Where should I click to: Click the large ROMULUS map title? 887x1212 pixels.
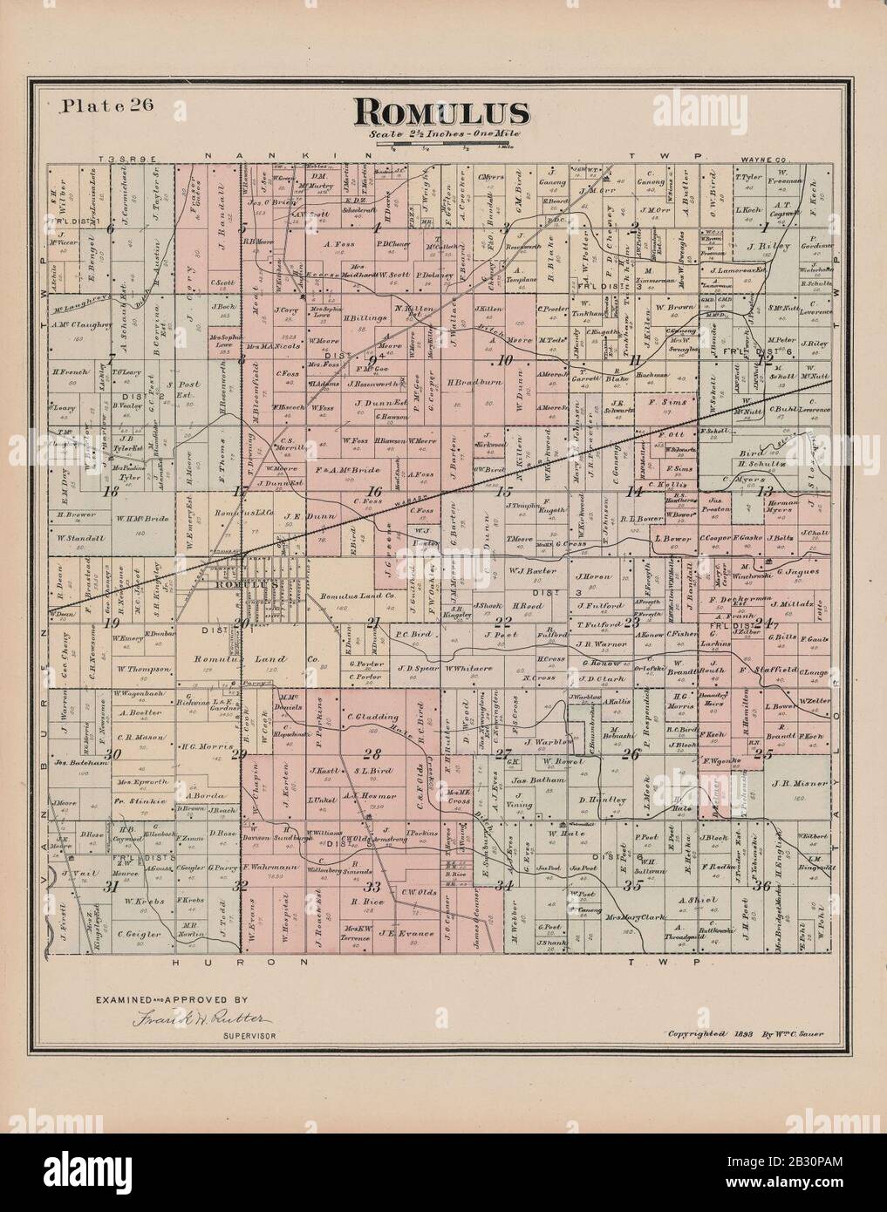click(x=441, y=112)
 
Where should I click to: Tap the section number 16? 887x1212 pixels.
click(x=376, y=491)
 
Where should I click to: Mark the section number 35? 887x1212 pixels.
click(x=635, y=886)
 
